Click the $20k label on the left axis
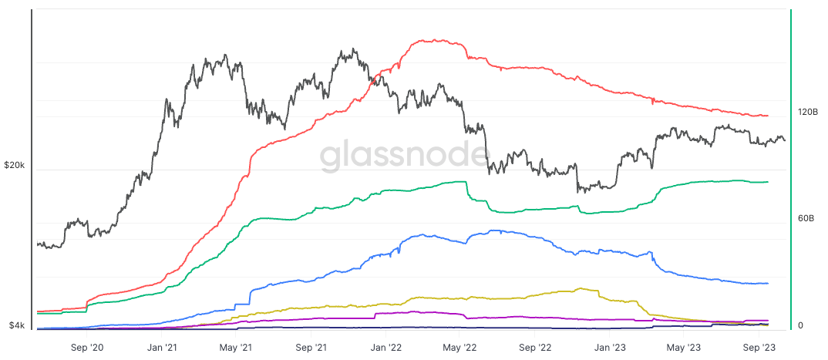pyautogui.click(x=15, y=166)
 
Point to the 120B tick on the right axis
pyautogui.click(x=807, y=113)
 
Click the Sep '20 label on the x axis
pyautogui.click(x=87, y=347)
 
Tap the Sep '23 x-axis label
pyautogui.click(x=758, y=347)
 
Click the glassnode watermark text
pyautogui.click(x=404, y=156)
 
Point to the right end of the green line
pyautogui.click(x=769, y=182)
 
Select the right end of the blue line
pyautogui.click(x=769, y=283)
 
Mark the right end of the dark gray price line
pyautogui.click(x=785, y=140)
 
